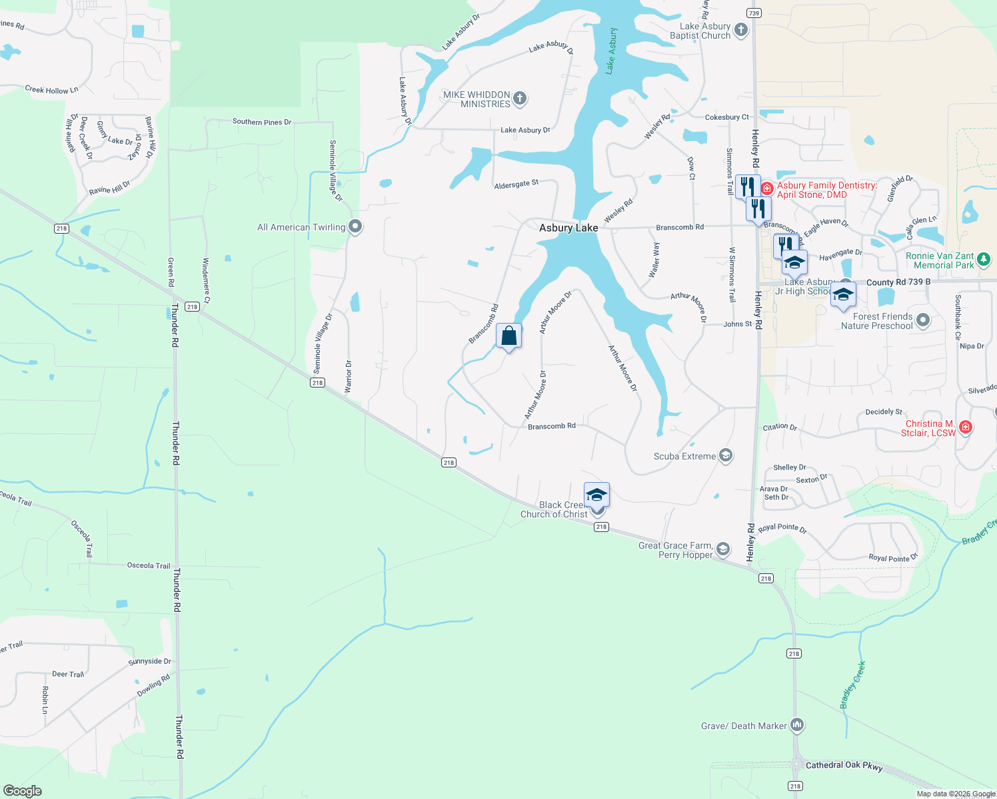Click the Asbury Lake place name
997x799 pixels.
tap(568, 228)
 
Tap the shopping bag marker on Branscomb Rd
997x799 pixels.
tap(508, 336)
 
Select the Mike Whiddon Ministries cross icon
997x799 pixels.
tap(520, 99)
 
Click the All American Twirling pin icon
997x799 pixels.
tap(355, 227)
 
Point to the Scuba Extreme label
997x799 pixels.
tap(684, 456)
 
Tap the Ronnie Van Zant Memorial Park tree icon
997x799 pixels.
tap(984, 260)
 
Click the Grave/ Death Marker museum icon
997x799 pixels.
tap(796, 725)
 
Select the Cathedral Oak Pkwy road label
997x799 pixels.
tap(844, 766)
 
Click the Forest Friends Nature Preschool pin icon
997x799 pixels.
tap(922, 321)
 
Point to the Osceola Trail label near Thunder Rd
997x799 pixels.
tap(149, 565)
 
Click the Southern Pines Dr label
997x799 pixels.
tap(261, 122)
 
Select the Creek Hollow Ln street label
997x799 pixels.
tap(51, 90)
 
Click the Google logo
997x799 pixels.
tap(22, 790)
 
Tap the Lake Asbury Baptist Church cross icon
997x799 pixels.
tap(740, 31)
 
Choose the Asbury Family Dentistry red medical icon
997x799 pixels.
tap(767, 189)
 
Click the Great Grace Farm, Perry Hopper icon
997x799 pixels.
tap(722, 550)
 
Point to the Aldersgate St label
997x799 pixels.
tap(516, 184)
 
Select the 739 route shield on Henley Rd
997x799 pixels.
tap(754, 13)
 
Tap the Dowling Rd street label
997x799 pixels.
tap(153, 685)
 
